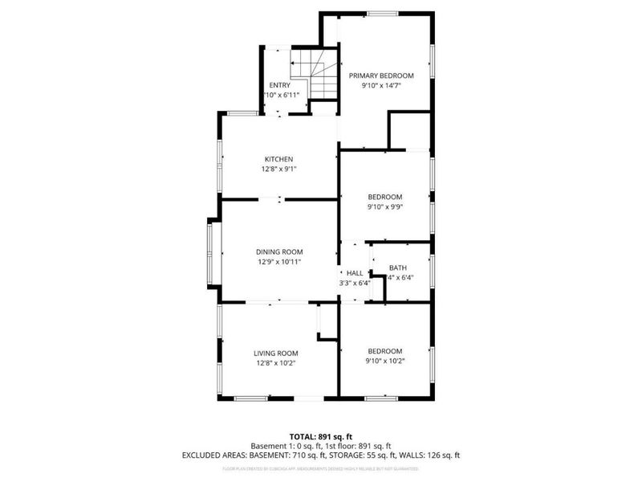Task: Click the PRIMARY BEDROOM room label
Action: click(380, 75)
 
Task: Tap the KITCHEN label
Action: click(279, 158)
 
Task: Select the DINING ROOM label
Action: click(279, 251)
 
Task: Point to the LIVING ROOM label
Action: click(276, 353)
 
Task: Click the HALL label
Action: click(355, 272)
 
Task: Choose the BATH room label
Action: click(397, 268)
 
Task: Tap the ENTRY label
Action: click(279, 85)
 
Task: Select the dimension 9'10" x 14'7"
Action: click(380, 85)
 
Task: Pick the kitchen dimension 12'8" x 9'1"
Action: click(279, 169)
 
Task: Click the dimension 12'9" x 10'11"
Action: click(279, 262)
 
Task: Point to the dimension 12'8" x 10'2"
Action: click(276, 363)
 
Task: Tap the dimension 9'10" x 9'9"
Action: click(385, 206)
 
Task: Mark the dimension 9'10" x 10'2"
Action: click(385, 361)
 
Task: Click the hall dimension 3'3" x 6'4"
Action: click(355, 282)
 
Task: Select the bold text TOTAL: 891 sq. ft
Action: click(321, 436)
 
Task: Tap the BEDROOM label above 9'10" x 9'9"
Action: click(385, 197)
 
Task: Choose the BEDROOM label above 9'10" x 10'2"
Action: click(385, 351)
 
